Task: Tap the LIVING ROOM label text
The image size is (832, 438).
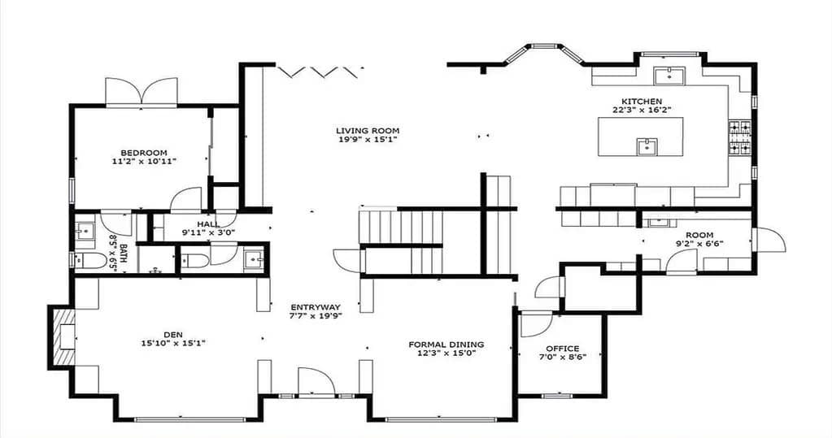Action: [368, 130]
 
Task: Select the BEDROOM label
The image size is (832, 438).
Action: [144, 153]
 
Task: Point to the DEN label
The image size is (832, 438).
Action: [172, 333]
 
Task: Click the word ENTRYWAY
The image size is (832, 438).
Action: [316, 307]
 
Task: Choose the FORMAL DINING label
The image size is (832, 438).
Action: [446, 345]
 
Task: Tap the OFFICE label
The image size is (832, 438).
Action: [562, 349]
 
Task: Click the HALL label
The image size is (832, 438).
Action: [207, 224]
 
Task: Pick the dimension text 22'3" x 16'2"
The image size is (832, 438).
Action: [643, 110]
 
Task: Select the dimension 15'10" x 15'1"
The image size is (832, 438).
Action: [172, 343]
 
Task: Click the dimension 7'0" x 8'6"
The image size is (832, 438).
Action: [562, 358]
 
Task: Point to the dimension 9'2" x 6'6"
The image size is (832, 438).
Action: [699, 243]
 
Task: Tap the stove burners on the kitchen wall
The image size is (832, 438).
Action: [739, 137]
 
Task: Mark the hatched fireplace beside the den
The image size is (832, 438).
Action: [61, 337]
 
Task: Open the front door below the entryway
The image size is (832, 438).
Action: [316, 383]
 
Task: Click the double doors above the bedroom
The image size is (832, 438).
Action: [142, 91]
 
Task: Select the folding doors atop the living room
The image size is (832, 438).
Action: [318, 72]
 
